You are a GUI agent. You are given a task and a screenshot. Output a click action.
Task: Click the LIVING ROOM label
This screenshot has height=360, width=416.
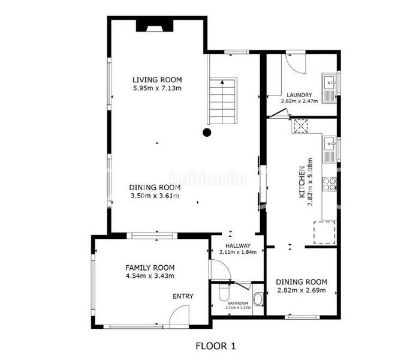tap(157, 80)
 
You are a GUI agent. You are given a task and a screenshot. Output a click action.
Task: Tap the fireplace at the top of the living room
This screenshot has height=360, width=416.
tap(155, 26)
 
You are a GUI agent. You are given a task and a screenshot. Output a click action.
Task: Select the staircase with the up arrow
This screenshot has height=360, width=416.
tap(222, 101)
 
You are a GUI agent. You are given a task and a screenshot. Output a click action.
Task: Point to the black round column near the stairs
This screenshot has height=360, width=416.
tap(207, 132)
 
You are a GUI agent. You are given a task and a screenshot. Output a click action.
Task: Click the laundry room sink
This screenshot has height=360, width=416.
tap(329, 88)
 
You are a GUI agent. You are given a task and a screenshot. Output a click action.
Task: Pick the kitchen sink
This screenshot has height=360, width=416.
tap(329, 149)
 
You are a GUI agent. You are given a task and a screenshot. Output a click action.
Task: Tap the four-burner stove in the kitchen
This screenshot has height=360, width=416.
tap(329, 184)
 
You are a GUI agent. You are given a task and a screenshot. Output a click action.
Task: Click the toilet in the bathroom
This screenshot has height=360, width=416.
tap(224, 292)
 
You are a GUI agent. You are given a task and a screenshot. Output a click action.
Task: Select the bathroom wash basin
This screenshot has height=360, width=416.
tap(258, 299)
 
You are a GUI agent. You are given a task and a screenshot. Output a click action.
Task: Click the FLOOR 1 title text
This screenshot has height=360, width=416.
tap(215, 346)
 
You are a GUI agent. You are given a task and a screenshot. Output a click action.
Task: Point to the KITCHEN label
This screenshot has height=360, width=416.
tap(302, 182)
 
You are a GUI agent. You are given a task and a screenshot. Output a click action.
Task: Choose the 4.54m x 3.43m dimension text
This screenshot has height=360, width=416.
tap(150, 276)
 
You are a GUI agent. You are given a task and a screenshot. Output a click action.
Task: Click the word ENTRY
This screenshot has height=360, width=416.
tap(183, 296)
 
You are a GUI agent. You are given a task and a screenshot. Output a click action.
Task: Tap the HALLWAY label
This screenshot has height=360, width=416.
tap(238, 245)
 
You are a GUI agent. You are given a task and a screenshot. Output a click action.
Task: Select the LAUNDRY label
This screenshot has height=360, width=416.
tap(299, 95)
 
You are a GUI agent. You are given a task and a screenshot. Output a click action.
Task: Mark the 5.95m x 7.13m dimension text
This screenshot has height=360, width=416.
tap(157, 88)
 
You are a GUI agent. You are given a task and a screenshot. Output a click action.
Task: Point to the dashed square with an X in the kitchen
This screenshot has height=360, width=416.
tap(300, 126)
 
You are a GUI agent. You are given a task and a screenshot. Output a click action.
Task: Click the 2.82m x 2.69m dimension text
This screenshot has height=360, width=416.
tap(302, 290)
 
